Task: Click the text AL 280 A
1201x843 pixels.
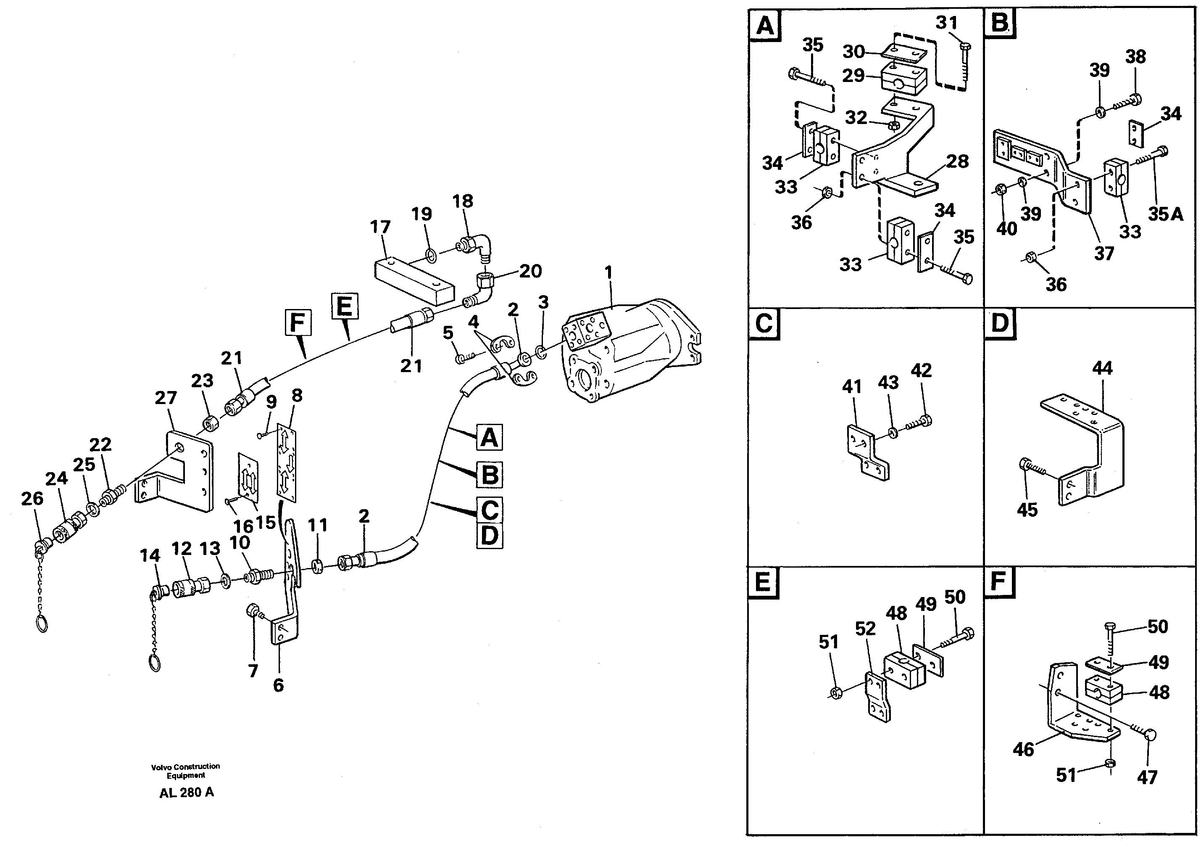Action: pyautogui.click(x=186, y=792)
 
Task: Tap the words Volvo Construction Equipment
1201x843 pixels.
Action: pyautogui.click(x=186, y=771)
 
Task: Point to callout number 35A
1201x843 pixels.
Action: pyautogui.click(x=1165, y=214)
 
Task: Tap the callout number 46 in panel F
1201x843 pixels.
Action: pyautogui.click(x=1024, y=749)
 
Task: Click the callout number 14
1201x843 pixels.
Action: pyautogui.click(x=150, y=555)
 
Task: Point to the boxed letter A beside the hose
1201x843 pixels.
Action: pyautogui.click(x=489, y=437)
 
